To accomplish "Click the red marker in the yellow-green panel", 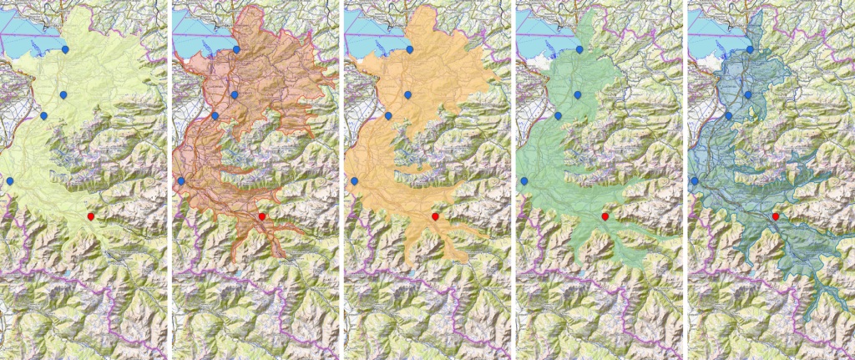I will point(90,217).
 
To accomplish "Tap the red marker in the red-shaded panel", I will point(261,217).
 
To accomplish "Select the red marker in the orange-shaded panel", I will point(434,217).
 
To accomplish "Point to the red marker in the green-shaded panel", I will point(605,217).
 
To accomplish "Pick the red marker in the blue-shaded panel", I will point(777,217).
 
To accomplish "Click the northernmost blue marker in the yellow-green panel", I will point(65,49).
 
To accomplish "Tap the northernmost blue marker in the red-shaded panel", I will point(236,49).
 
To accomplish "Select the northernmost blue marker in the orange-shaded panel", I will point(409,49).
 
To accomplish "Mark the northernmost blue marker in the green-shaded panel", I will point(580,49).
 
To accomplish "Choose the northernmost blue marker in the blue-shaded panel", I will point(751,49).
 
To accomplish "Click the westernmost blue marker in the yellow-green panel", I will point(10,180).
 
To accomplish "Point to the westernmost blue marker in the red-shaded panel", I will point(181,180).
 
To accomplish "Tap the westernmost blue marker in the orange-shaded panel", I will point(354,180).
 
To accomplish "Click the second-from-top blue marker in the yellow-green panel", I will point(63,94).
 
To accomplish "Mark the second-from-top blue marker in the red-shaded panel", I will point(235,94).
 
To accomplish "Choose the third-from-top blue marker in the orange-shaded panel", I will point(387,115).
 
